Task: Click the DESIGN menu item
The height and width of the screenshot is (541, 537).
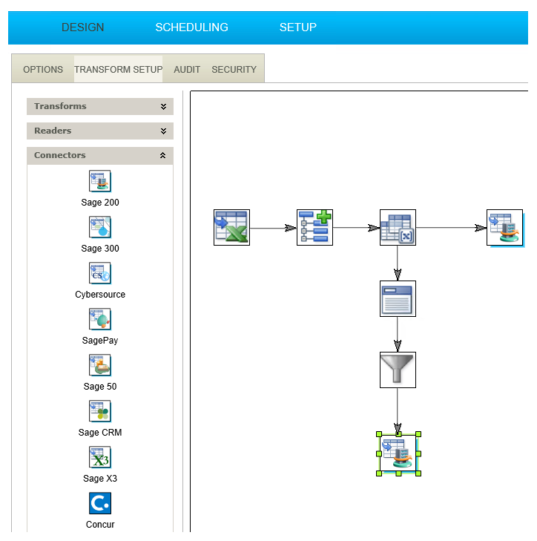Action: click(x=83, y=27)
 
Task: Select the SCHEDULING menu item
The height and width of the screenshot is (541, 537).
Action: click(x=191, y=27)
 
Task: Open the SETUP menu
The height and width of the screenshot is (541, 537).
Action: click(x=297, y=27)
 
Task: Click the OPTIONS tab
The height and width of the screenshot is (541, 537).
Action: click(x=43, y=69)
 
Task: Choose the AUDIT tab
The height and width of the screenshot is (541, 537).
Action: click(x=187, y=69)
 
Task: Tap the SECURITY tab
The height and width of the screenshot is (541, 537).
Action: click(x=234, y=69)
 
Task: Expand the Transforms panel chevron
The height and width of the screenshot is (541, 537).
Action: click(x=163, y=107)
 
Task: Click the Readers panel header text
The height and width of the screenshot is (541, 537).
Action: click(x=53, y=131)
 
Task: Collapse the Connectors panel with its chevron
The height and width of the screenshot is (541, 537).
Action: click(x=162, y=155)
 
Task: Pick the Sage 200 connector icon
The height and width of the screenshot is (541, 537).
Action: click(x=99, y=181)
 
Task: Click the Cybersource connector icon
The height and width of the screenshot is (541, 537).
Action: click(x=99, y=273)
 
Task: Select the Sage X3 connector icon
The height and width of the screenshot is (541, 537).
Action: click(x=99, y=457)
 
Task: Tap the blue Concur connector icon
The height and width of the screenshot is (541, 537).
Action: click(x=100, y=503)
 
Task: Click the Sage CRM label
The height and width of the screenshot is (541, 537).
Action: click(x=100, y=433)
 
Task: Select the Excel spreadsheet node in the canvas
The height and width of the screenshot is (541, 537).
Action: click(x=231, y=227)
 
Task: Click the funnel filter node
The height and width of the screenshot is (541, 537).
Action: click(x=398, y=370)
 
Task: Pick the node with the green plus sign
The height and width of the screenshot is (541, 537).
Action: click(x=315, y=227)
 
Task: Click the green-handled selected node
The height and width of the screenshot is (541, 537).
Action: click(x=398, y=453)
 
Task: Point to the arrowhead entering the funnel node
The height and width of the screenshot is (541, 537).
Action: click(x=398, y=346)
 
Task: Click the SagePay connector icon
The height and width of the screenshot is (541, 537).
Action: click(x=99, y=319)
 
